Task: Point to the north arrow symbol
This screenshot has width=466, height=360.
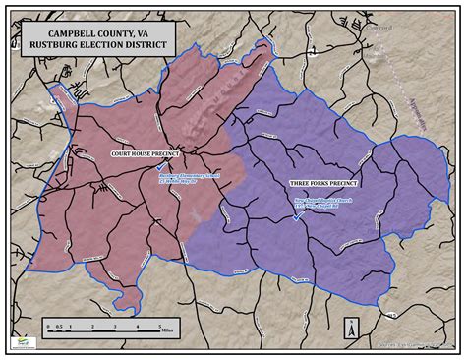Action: point(349,330)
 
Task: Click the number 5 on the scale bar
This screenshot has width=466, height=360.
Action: point(160,324)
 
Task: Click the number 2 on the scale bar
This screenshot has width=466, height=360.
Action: point(91,324)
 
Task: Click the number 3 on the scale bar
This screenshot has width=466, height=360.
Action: point(115,324)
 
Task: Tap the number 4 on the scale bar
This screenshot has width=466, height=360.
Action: point(138,324)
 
